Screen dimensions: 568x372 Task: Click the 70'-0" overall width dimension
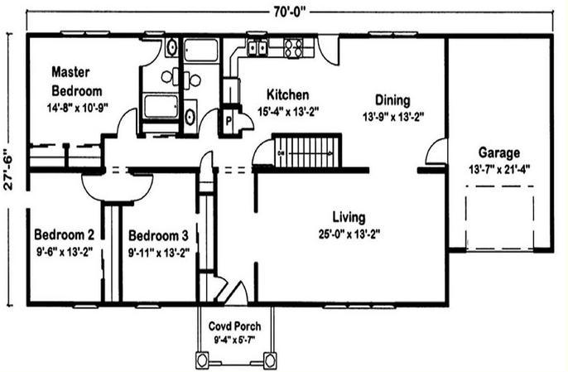[290, 12]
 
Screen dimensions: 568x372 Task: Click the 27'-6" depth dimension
[8, 169]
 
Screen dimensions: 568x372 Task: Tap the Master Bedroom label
[76, 81]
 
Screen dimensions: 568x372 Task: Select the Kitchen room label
[288, 94]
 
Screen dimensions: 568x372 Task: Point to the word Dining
[392, 100]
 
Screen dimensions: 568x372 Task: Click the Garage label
[499, 152]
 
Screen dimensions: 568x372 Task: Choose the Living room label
[349, 217]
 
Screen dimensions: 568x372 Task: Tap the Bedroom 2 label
[64, 234]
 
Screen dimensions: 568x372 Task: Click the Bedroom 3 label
[159, 235]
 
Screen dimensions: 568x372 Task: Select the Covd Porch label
[235, 326]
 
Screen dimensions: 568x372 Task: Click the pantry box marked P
[229, 121]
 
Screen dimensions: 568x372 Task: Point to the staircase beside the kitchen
[307, 151]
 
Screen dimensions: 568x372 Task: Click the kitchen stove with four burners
[293, 48]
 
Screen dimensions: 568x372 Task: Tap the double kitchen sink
[258, 47]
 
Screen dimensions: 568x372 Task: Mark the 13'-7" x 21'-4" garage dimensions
[499, 169]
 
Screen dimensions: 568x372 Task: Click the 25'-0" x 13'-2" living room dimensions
[349, 234]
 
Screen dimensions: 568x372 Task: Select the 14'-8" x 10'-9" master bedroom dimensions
[78, 108]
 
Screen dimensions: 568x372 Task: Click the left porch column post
[202, 360]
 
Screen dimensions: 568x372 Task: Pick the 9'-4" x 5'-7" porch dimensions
[235, 341]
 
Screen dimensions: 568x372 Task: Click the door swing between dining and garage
[436, 151]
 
